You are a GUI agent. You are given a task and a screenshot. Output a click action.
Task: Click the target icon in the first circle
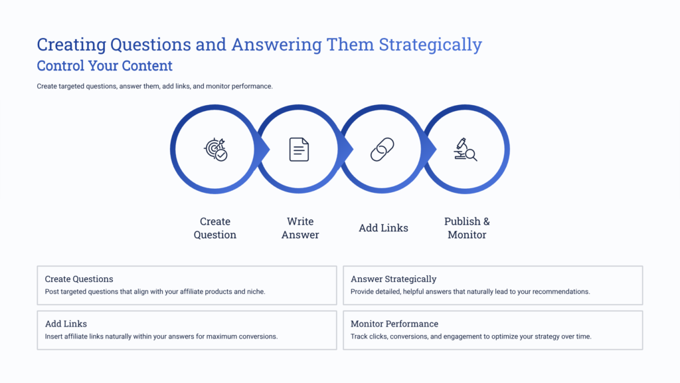coord(215,150)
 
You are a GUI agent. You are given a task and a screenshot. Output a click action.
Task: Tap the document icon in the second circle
coord(299,150)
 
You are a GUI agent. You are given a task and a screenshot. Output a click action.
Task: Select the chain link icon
coord(382,150)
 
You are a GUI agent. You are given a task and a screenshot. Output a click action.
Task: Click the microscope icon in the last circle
coord(466,150)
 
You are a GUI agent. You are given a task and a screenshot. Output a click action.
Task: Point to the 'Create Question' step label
coord(214,228)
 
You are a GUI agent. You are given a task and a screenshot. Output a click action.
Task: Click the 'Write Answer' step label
coord(300,228)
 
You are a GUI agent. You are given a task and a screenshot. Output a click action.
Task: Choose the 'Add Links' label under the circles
coord(383,228)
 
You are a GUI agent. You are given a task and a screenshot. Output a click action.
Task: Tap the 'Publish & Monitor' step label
coord(467,228)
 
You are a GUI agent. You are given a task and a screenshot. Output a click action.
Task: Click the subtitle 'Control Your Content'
coord(104,66)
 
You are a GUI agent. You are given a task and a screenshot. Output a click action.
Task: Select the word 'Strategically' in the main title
coord(430,45)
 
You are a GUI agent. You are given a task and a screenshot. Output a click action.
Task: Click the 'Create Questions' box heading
coord(79,279)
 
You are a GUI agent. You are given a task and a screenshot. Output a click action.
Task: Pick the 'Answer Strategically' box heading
coord(393,279)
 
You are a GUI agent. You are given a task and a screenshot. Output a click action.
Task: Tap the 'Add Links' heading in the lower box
coord(66,324)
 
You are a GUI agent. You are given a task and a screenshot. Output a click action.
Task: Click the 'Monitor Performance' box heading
coord(394,324)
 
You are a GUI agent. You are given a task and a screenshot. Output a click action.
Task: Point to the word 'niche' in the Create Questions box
coord(255,292)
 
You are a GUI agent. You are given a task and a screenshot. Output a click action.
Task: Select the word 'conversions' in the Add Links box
coord(258,336)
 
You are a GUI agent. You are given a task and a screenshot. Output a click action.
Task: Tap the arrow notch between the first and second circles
coord(265,150)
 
